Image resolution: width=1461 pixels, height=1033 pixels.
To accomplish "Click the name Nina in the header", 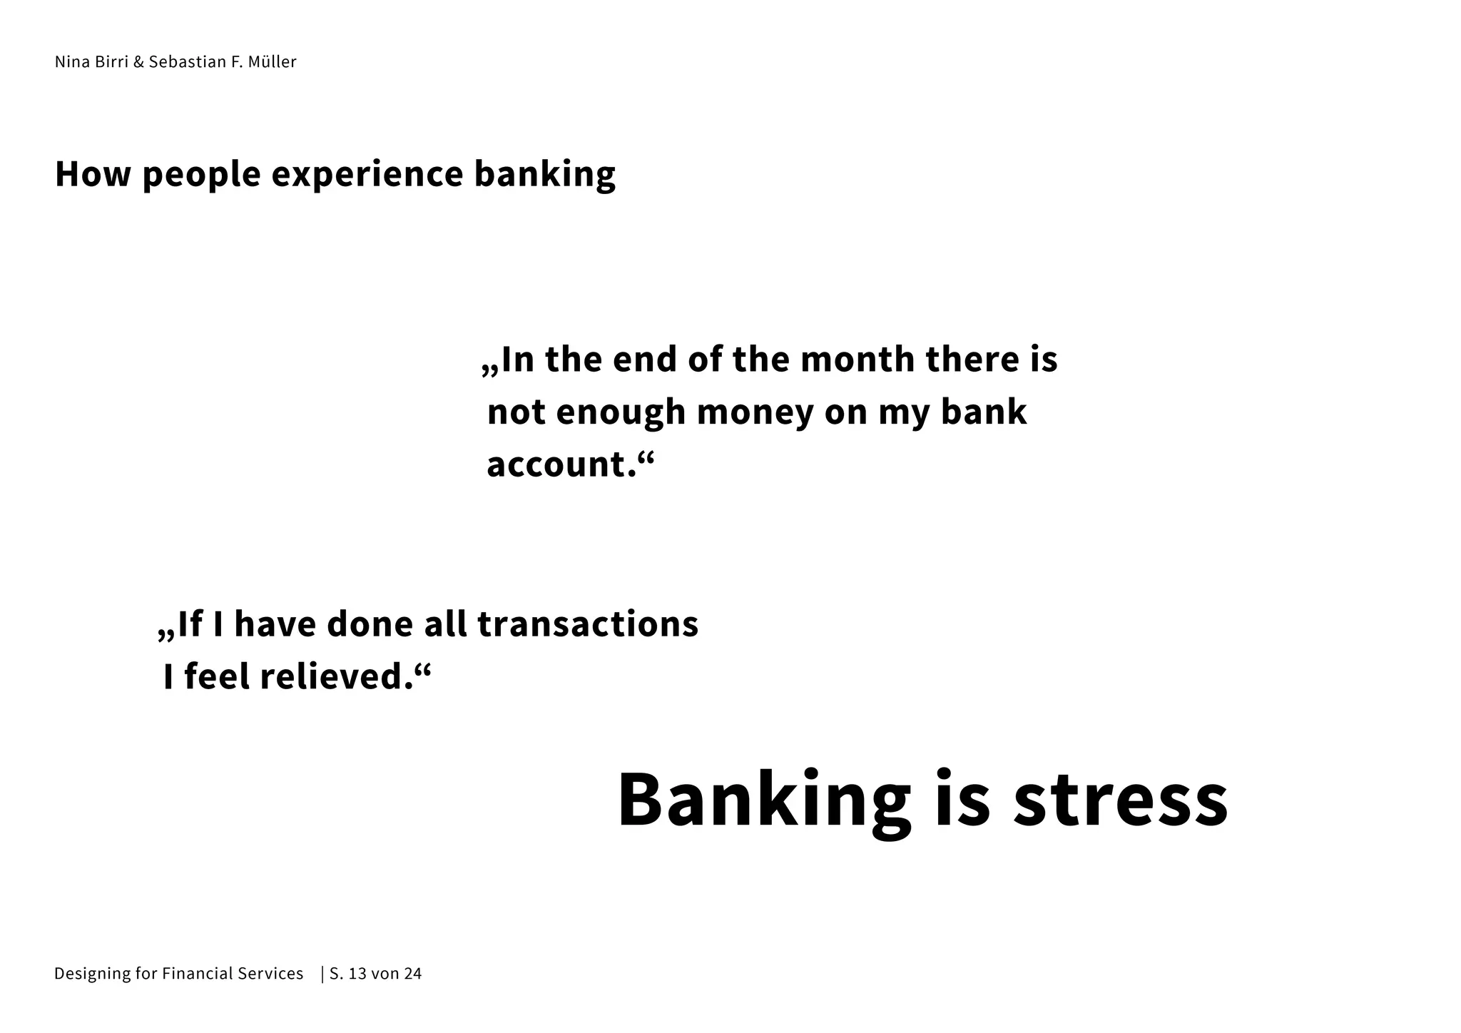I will click(72, 62).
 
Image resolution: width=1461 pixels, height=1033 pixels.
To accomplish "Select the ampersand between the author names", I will click(138, 62).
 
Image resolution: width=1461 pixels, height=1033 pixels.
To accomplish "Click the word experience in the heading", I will click(367, 175).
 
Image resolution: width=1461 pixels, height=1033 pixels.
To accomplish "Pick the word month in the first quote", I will click(857, 359).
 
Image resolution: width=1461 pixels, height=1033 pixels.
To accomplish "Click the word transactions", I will click(588, 624).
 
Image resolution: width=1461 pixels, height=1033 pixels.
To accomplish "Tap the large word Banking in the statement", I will click(764, 801).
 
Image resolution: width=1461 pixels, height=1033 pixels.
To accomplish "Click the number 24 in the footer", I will click(413, 974).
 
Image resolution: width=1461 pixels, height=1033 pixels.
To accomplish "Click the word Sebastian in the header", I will click(188, 62).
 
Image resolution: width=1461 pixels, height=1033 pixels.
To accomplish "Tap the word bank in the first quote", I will click(984, 412).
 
